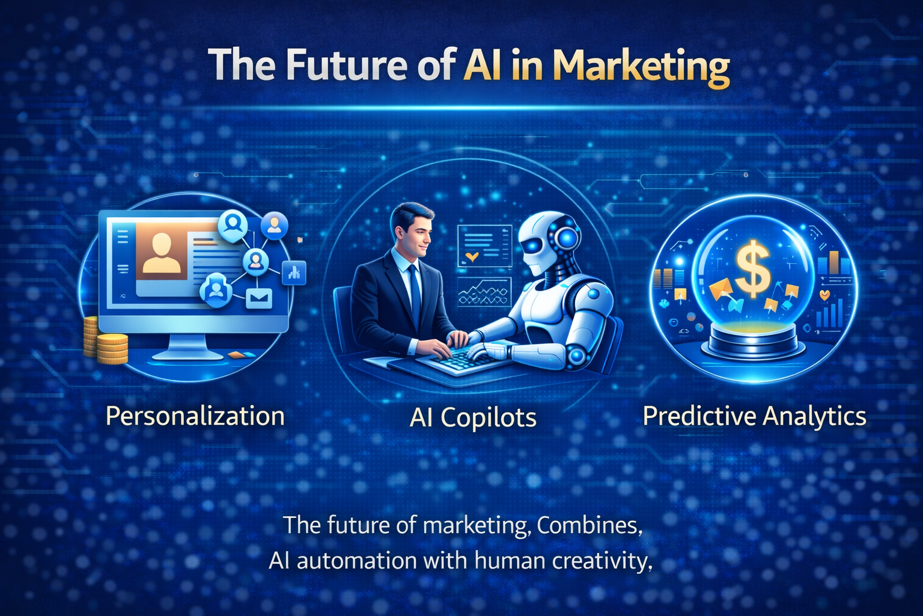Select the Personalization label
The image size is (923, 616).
(195, 416)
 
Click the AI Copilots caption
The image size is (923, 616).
(473, 417)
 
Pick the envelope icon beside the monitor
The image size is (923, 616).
(259, 298)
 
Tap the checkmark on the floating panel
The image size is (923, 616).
(472, 257)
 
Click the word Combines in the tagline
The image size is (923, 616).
(586, 525)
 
